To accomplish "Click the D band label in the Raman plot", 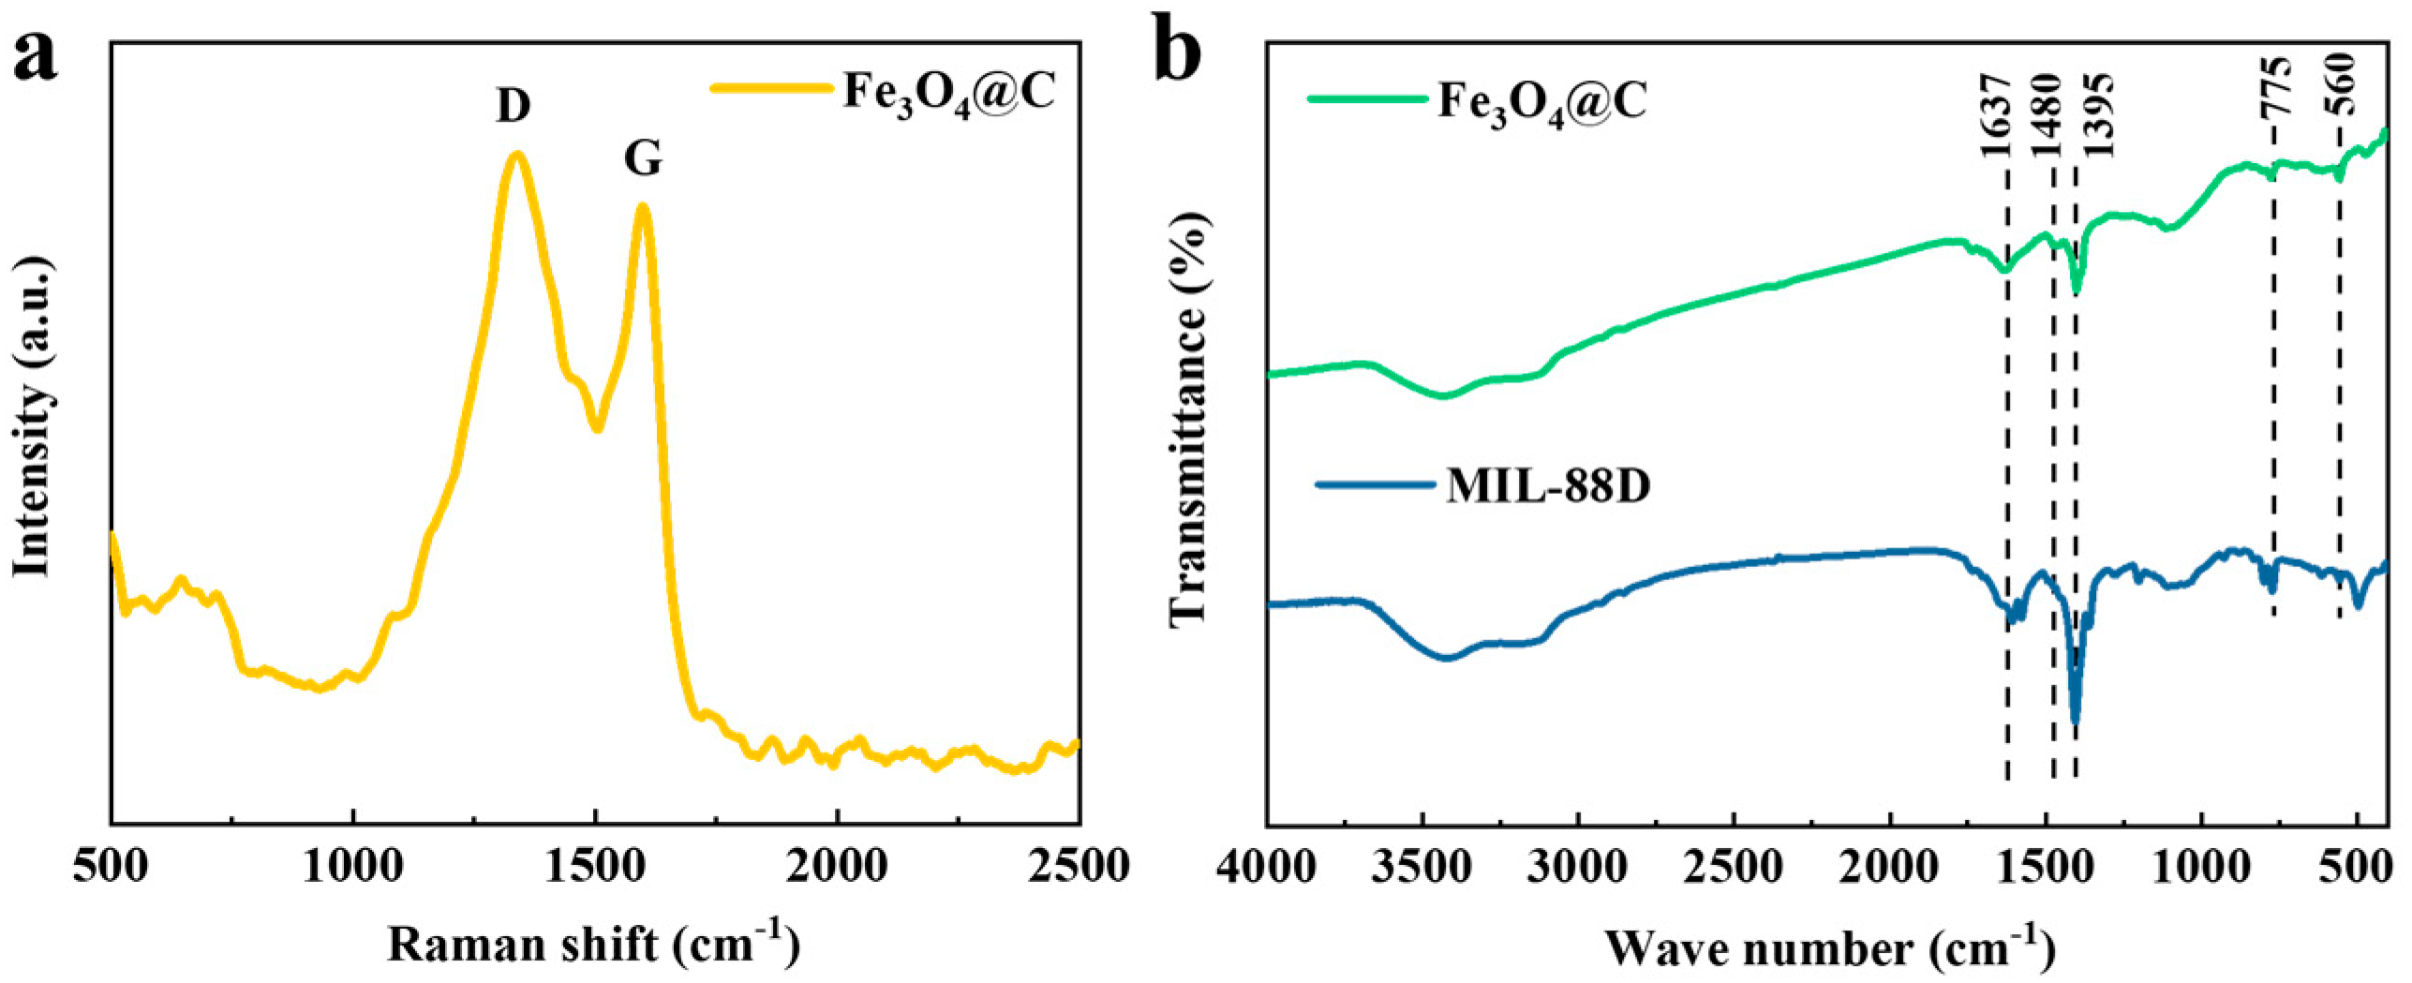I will [513, 106].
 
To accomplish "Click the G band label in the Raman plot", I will [643, 158].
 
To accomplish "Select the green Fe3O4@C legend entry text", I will [1541, 101].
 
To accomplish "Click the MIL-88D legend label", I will [1547, 486].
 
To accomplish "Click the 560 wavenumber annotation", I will [2341, 84].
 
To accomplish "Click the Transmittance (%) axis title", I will [1188, 418].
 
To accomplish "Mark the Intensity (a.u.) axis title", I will [32, 418].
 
